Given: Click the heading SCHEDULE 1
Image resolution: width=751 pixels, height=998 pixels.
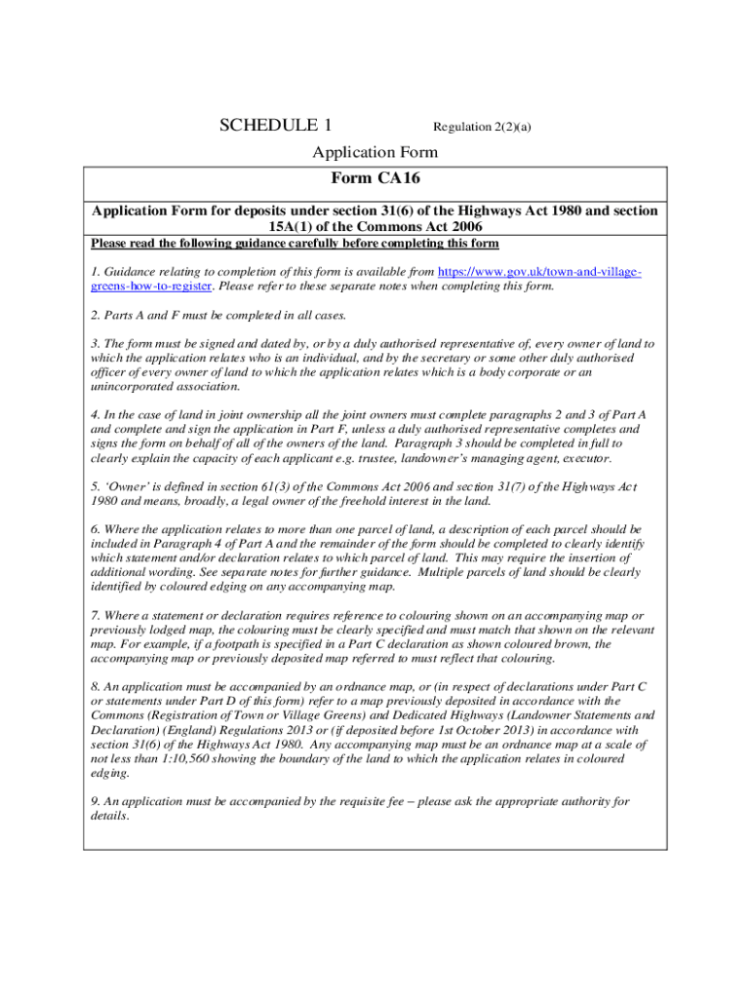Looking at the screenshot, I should [x=276, y=125].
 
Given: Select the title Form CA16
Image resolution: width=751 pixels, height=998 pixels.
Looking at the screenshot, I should [x=375, y=178].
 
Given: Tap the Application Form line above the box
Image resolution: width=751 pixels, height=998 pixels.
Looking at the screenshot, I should [x=375, y=152].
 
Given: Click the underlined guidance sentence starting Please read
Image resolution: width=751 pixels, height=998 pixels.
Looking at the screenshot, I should [x=295, y=243].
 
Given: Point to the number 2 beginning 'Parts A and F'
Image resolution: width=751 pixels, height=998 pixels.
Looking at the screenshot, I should [x=95, y=315].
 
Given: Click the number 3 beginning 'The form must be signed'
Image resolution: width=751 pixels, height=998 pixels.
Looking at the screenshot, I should [x=95, y=344].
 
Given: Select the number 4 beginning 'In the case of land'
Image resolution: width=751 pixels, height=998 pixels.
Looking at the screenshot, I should [x=95, y=415].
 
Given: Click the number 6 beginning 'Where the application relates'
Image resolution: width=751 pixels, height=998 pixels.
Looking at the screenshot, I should [x=95, y=529].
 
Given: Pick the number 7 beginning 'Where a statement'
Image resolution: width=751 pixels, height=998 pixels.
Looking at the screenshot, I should [x=95, y=615].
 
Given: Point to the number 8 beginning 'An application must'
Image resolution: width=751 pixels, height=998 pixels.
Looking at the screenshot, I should [x=95, y=686].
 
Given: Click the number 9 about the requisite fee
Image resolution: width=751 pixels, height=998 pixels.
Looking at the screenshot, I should [x=95, y=801].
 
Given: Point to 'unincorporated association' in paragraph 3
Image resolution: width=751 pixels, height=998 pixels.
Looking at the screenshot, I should [x=158, y=386].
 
